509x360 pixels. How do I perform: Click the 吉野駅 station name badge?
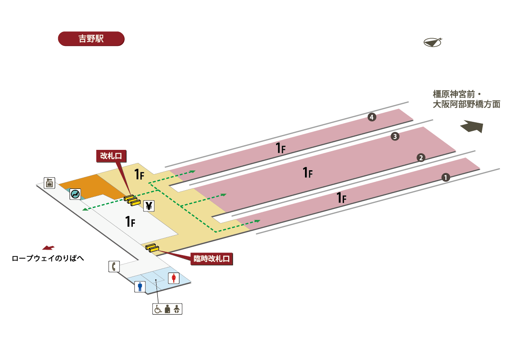[x=91, y=38]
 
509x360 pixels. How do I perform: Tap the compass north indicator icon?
[x=432, y=42]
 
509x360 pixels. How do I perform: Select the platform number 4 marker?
[x=372, y=117]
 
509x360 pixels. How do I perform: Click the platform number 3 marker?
[x=395, y=137]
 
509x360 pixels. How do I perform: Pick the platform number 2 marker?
[x=421, y=158]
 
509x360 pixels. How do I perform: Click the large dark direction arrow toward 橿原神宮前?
[x=472, y=127]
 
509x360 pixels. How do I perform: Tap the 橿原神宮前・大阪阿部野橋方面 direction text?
[x=466, y=99]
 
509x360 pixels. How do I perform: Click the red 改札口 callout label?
[x=111, y=156]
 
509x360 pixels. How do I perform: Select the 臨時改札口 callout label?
[x=213, y=258]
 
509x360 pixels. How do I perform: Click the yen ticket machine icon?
[x=149, y=206]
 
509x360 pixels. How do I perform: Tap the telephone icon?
[x=114, y=267]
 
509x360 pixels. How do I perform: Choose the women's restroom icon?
[x=174, y=278]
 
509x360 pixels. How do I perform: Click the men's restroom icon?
[x=140, y=287]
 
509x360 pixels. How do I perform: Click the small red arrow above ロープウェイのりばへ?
[x=48, y=247]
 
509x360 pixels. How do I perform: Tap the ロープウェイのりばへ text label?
[x=48, y=258]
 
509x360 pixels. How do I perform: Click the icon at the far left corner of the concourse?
[x=50, y=183]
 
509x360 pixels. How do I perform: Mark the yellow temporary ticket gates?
[x=152, y=247]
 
